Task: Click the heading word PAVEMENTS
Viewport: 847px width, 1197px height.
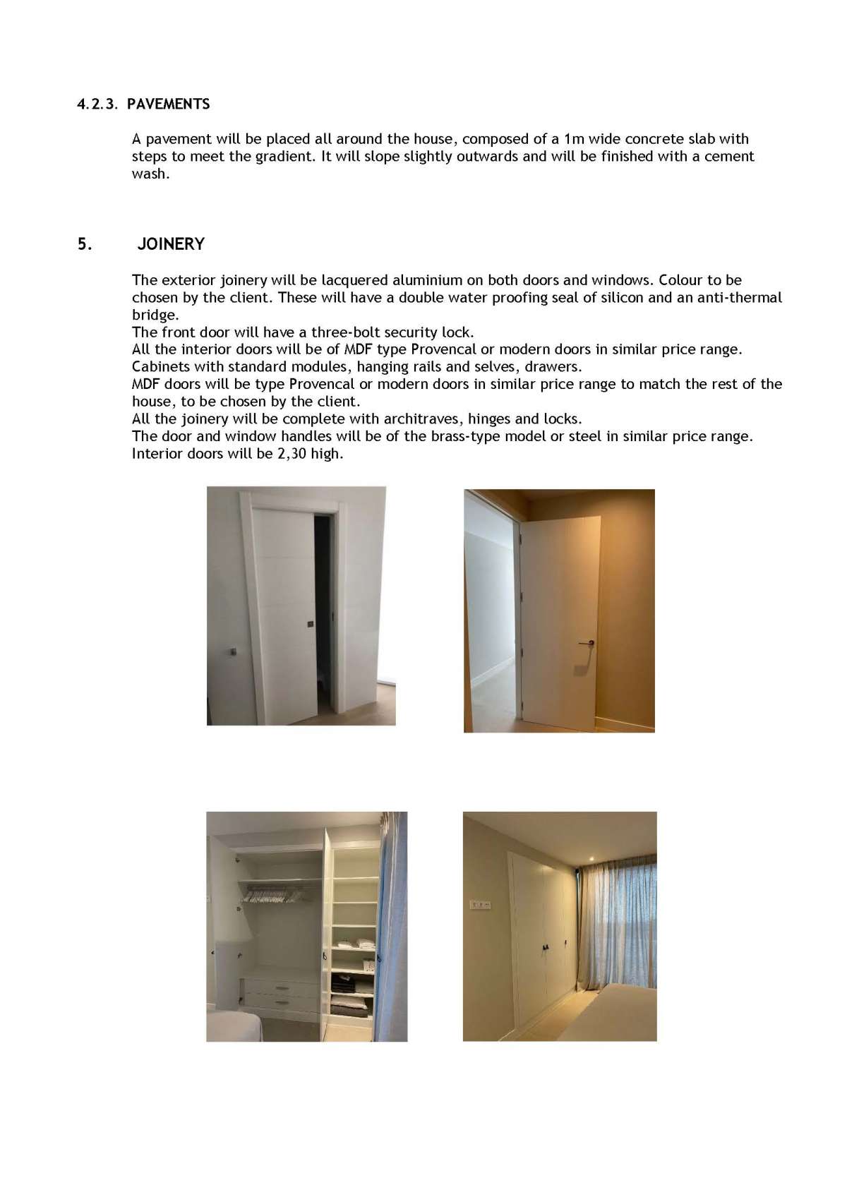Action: click(169, 104)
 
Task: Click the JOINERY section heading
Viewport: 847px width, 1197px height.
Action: click(171, 244)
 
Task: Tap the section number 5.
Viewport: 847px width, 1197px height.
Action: click(84, 244)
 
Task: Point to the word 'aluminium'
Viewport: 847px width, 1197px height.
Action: click(427, 280)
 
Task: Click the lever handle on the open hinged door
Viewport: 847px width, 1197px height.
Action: click(585, 643)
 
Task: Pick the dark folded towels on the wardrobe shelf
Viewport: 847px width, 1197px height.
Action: click(345, 981)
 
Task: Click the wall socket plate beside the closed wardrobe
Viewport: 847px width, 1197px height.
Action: click(480, 904)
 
